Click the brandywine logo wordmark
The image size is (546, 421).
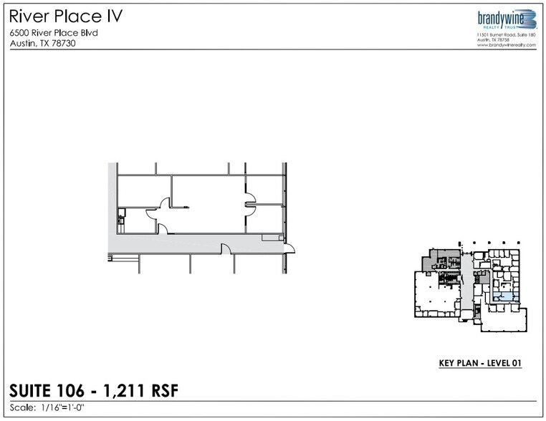pos(501,18)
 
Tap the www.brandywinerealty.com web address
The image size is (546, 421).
pos(507,45)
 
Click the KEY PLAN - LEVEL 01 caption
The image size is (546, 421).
pos(480,363)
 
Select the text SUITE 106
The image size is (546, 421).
pos(47,390)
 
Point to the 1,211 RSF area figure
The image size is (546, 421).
pos(141,390)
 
